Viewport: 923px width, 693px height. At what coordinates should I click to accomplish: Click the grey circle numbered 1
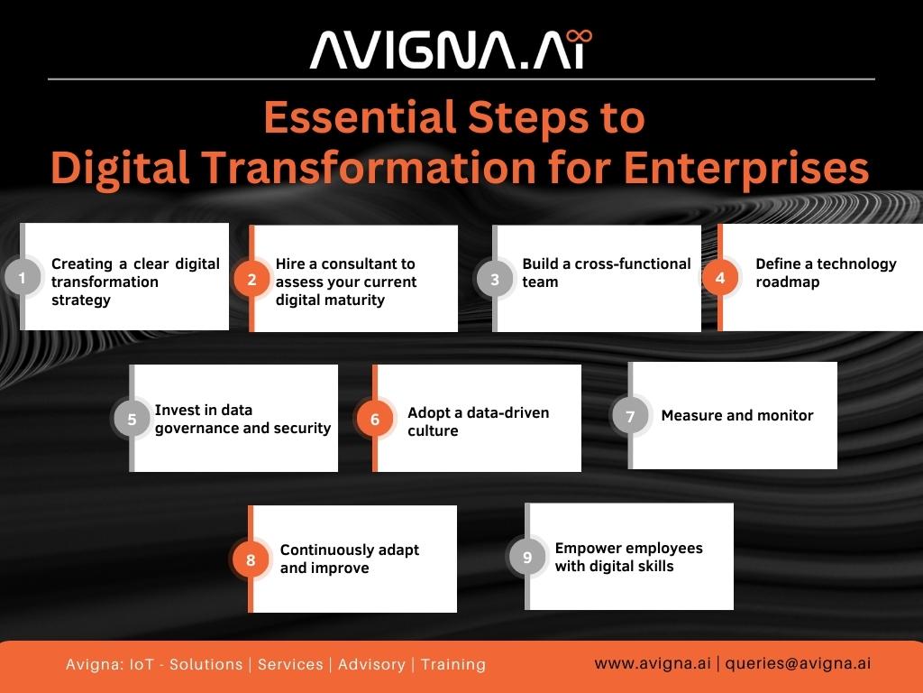point(23,278)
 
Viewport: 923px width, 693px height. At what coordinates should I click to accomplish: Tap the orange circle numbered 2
point(251,280)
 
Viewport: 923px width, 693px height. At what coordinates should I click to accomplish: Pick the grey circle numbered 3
point(495,280)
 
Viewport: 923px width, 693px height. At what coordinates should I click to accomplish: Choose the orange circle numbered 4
point(720,278)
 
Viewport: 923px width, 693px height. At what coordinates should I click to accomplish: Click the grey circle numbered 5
point(132,420)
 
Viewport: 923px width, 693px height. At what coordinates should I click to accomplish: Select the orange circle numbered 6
point(375,420)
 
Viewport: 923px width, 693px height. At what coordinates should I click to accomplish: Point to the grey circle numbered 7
point(630,417)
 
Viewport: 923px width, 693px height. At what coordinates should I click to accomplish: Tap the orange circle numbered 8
point(251,560)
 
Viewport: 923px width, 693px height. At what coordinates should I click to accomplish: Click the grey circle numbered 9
point(527,558)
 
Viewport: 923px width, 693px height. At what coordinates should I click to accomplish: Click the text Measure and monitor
point(736,416)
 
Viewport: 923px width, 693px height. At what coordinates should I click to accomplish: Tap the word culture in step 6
point(433,430)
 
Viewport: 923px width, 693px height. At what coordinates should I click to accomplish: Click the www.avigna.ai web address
point(652,663)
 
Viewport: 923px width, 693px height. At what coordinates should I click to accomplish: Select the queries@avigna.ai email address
point(798,663)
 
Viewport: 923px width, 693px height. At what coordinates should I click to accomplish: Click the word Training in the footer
point(452,664)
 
